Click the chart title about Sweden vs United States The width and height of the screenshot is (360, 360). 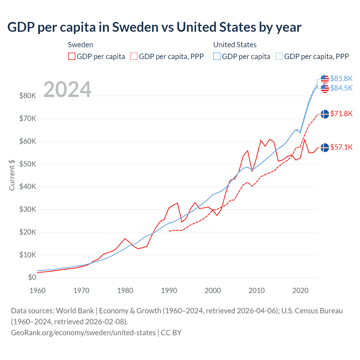154,27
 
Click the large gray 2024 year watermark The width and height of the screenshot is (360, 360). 67,89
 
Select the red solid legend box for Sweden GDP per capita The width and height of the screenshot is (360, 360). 72,56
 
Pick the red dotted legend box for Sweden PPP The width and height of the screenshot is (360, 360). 134,56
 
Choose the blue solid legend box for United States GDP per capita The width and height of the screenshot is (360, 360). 217,56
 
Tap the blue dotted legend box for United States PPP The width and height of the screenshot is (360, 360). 279,56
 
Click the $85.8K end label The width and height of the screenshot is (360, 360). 341,78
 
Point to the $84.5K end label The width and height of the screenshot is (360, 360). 341,88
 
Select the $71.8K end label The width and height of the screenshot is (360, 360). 341,114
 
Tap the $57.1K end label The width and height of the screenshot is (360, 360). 341,147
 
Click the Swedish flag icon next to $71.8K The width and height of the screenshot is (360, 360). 325,114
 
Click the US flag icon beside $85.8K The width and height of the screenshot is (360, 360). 325,78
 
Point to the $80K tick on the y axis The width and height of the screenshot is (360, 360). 28,96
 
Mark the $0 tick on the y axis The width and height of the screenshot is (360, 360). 32,277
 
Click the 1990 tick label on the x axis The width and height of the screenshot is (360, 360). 169,291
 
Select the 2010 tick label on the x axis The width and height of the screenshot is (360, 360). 256,291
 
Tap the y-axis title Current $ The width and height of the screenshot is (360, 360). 12,175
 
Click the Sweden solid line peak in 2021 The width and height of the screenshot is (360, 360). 305,140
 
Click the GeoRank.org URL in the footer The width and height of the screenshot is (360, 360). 83,332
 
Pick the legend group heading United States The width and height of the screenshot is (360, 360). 235,45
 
